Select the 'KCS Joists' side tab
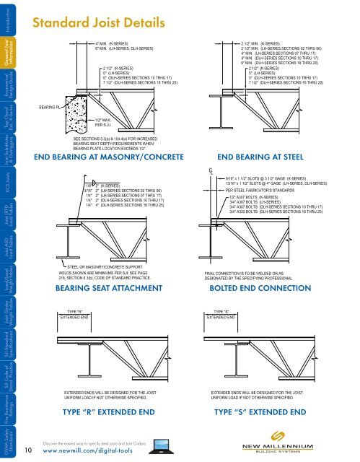tap(9, 178)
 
